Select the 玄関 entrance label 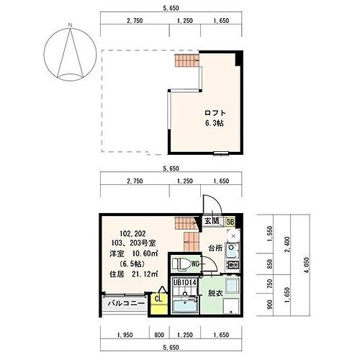tap(211, 222)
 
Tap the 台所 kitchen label tap(214, 248)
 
